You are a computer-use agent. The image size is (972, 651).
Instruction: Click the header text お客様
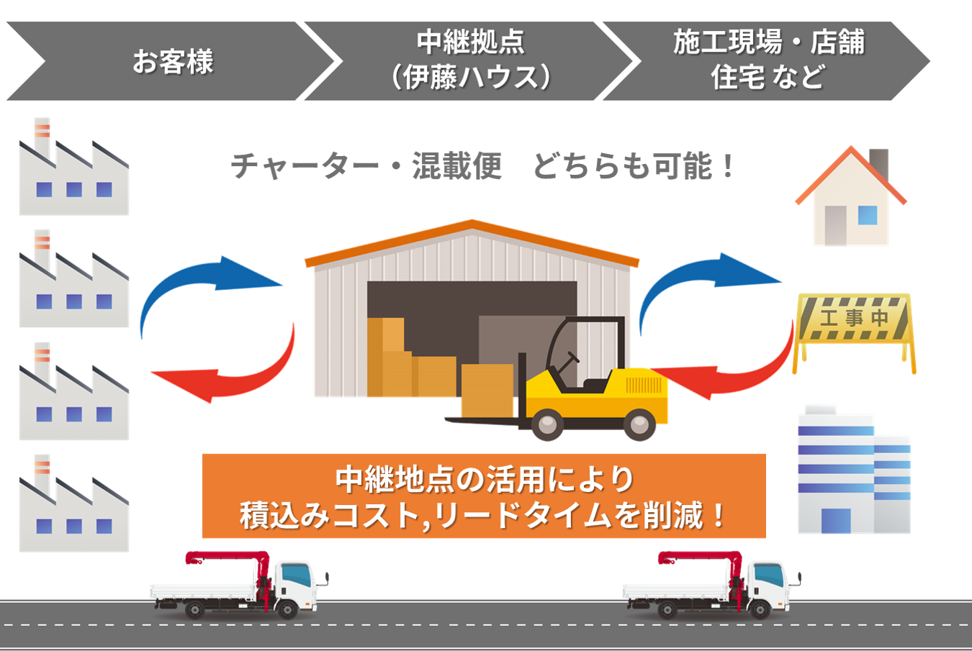173,62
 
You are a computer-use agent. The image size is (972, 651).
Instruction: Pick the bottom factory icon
73,507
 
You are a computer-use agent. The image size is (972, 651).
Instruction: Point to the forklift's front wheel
547,424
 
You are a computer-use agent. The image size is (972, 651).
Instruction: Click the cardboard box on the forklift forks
487,390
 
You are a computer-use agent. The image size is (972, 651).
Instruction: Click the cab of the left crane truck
295,583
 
